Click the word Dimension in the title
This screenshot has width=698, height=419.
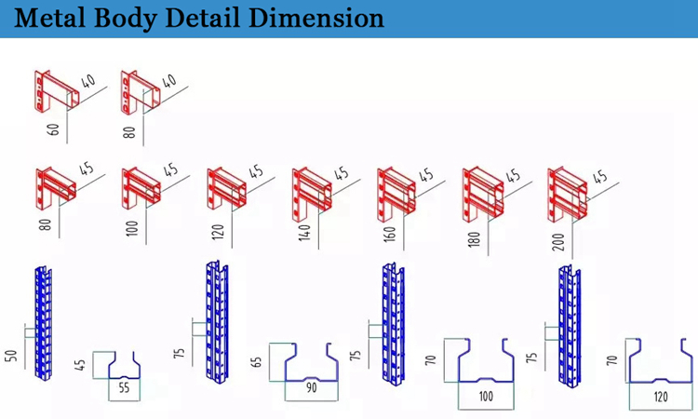coord(316,18)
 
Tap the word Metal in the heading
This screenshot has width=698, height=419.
coord(49,18)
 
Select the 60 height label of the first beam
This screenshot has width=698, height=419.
coord(53,129)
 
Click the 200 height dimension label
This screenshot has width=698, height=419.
coord(558,242)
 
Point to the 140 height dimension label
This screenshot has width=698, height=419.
coord(304,233)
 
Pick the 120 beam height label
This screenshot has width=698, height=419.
coord(218,232)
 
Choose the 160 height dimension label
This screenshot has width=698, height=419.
coord(390,235)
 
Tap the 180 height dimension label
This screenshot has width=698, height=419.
coord(475,238)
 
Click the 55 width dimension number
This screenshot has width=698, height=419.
coord(124,388)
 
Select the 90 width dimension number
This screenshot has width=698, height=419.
coord(312,388)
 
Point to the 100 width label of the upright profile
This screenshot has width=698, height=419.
coord(486,397)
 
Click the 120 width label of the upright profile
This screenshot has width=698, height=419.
coord(661,397)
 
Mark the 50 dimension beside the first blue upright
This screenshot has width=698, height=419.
coord(11,356)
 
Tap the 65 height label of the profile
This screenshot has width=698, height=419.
coord(257,361)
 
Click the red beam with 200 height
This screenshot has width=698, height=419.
coord(568,195)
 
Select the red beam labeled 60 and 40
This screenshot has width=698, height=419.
coord(57,91)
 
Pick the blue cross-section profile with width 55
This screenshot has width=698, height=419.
coord(124,366)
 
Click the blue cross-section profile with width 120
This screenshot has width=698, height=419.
coord(661,361)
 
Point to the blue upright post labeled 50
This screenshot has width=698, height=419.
coord(43,323)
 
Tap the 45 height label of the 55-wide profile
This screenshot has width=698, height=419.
coord(80,365)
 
